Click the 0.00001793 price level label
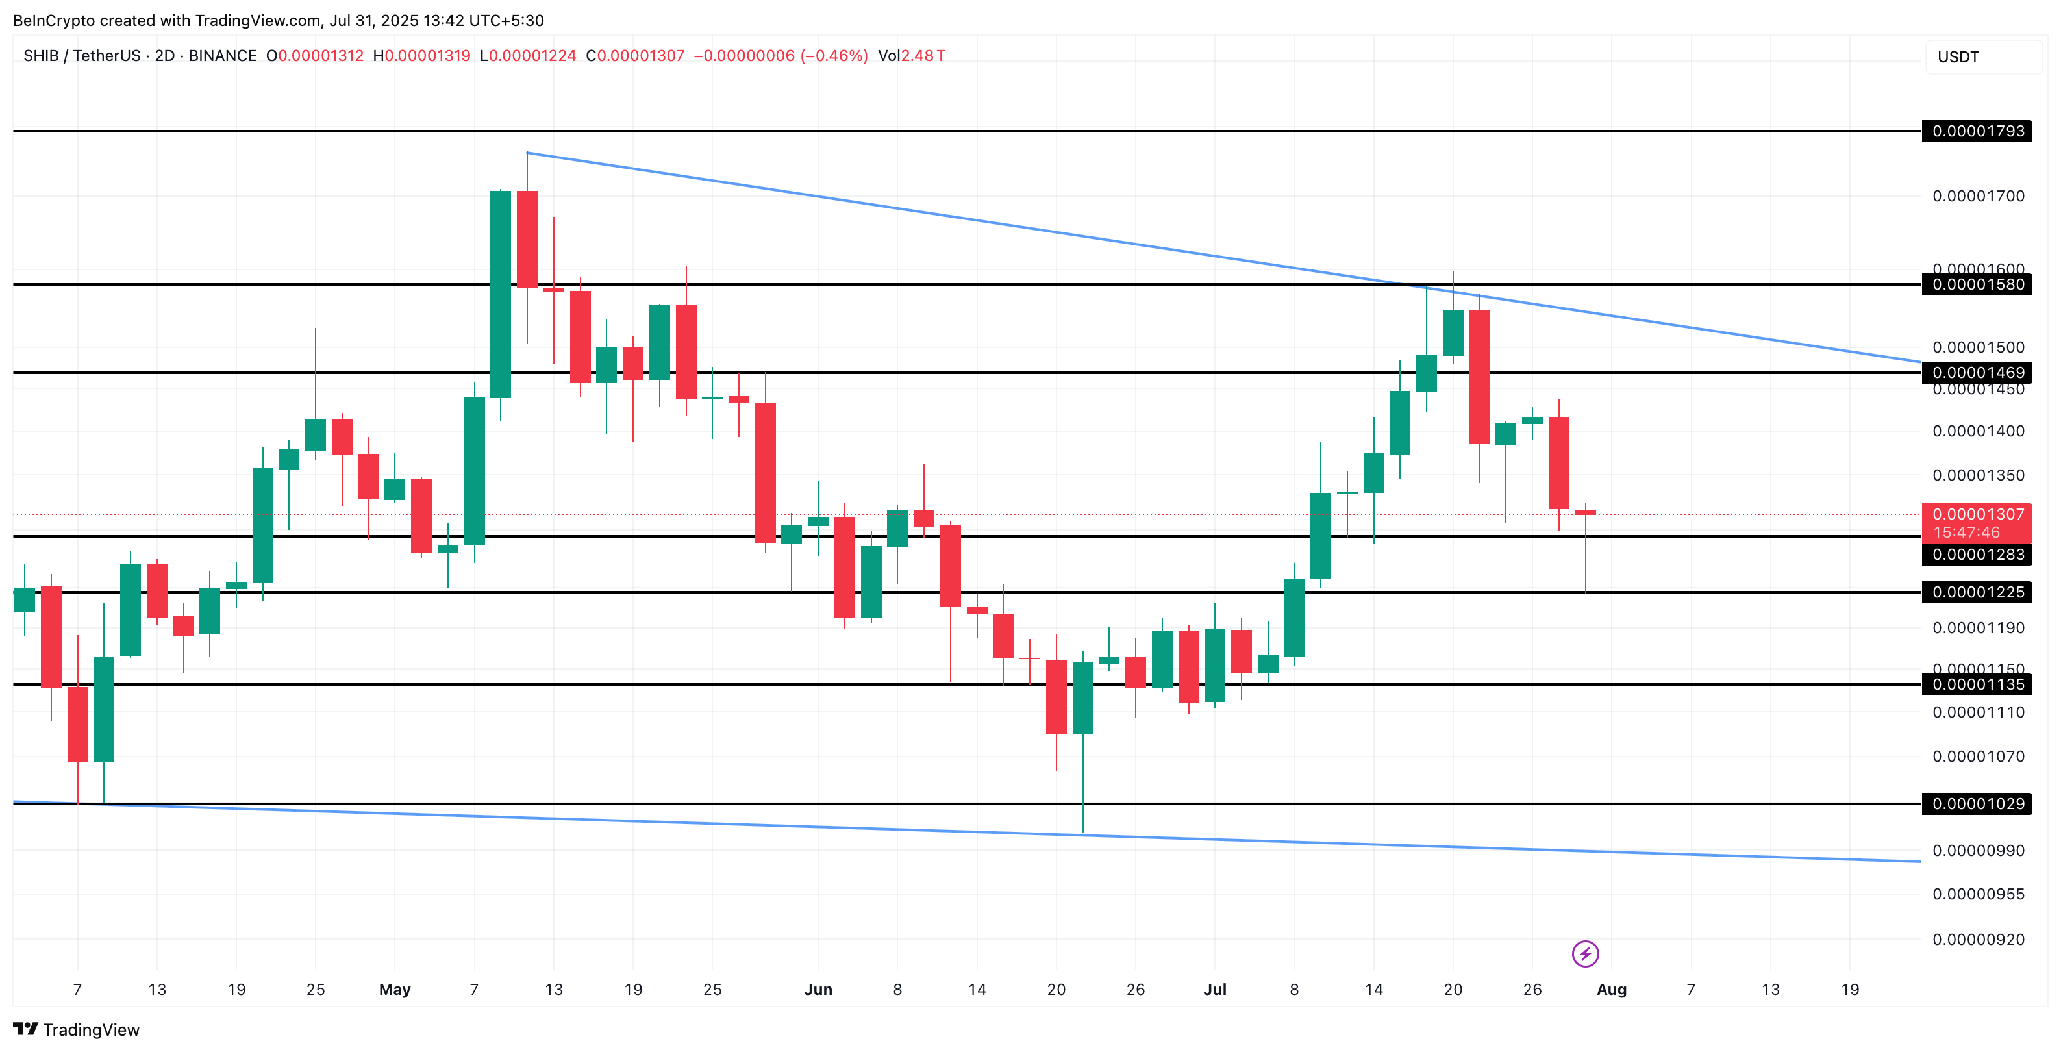coord(1977,131)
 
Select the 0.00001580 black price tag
coord(1977,285)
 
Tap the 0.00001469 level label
coord(1977,373)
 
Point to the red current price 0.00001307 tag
coord(1977,514)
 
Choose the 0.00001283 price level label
coord(1977,555)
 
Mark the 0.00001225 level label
coord(1977,592)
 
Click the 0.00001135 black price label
coord(1977,684)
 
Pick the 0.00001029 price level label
coord(1977,804)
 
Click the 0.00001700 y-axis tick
coord(1978,196)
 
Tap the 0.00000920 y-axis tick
coord(1978,939)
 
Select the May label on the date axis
coord(394,990)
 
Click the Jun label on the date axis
coord(818,990)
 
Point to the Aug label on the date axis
coord(1612,990)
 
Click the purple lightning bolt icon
coord(1585,953)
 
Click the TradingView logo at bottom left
coord(77,1030)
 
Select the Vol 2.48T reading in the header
coord(911,56)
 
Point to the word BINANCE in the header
coord(223,56)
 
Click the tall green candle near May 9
coord(500,294)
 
